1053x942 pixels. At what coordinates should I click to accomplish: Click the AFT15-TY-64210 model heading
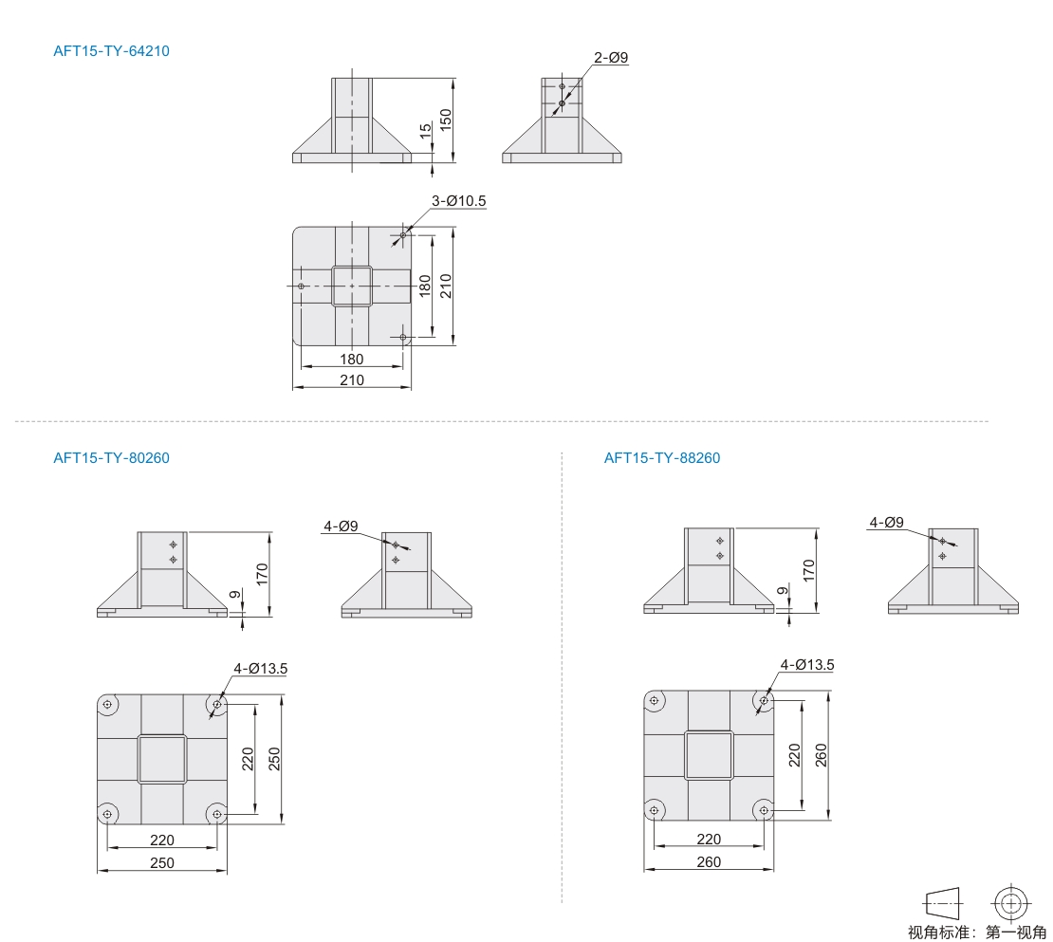pyautogui.click(x=112, y=51)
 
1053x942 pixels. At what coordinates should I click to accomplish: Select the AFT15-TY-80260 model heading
pyautogui.click(x=112, y=458)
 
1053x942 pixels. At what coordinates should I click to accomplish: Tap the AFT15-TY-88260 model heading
pyautogui.click(x=662, y=458)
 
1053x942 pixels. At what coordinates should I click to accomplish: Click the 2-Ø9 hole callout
pyautogui.click(x=611, y=58)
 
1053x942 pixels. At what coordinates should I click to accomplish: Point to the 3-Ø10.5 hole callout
pyautogui.click(x=459, y=201)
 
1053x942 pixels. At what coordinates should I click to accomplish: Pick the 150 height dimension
pyautogui.click(x=446, y=120)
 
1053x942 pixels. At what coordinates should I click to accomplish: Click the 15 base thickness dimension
pyautogui.click(x=426, y=131)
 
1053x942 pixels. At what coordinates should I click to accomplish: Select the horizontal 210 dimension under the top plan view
pyautogui.click(x=352, y=380)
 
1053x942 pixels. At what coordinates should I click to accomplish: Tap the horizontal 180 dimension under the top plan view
pyautogui.click(x=352, y=360)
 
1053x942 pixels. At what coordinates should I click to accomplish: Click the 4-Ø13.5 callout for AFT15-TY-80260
pyautogui.click(x=261, y=669)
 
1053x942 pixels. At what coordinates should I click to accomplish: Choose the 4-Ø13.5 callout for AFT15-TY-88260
pyautogui.click(x=807, y=665)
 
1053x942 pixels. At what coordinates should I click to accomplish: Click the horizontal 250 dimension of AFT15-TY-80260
pyautogui.click(x=162, y=862)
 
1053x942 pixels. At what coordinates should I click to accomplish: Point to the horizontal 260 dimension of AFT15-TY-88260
pyautogui.click(x=709, y=861)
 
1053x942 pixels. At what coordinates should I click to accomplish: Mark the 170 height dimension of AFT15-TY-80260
pyautogui.click(x=262, y=574)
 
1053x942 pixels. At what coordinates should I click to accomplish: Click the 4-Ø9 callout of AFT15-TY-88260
pyautogui.click(x=886, y=523)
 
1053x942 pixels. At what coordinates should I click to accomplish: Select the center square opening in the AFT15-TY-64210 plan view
pyautogui.click(x=352, y=286)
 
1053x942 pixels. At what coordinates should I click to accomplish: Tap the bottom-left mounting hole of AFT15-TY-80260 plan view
pyautogui.click(x=107, y=815)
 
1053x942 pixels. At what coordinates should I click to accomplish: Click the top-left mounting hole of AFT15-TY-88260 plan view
pyautogui.click(x=655, y=701)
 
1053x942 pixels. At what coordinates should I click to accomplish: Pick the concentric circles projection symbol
pyautogui.click(x=1011, y=903)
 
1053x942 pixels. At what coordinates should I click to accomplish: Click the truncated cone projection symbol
pyautogui.click(x=944, y=904)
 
